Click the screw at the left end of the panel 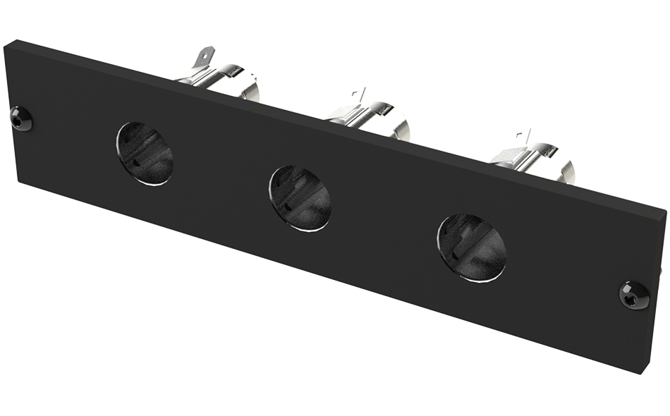(x=22, y=118)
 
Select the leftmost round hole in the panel (x=145, y=154)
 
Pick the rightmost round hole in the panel (x=472, y=247)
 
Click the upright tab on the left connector (x=205, y=56)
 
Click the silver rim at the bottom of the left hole (x=152, y=183)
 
